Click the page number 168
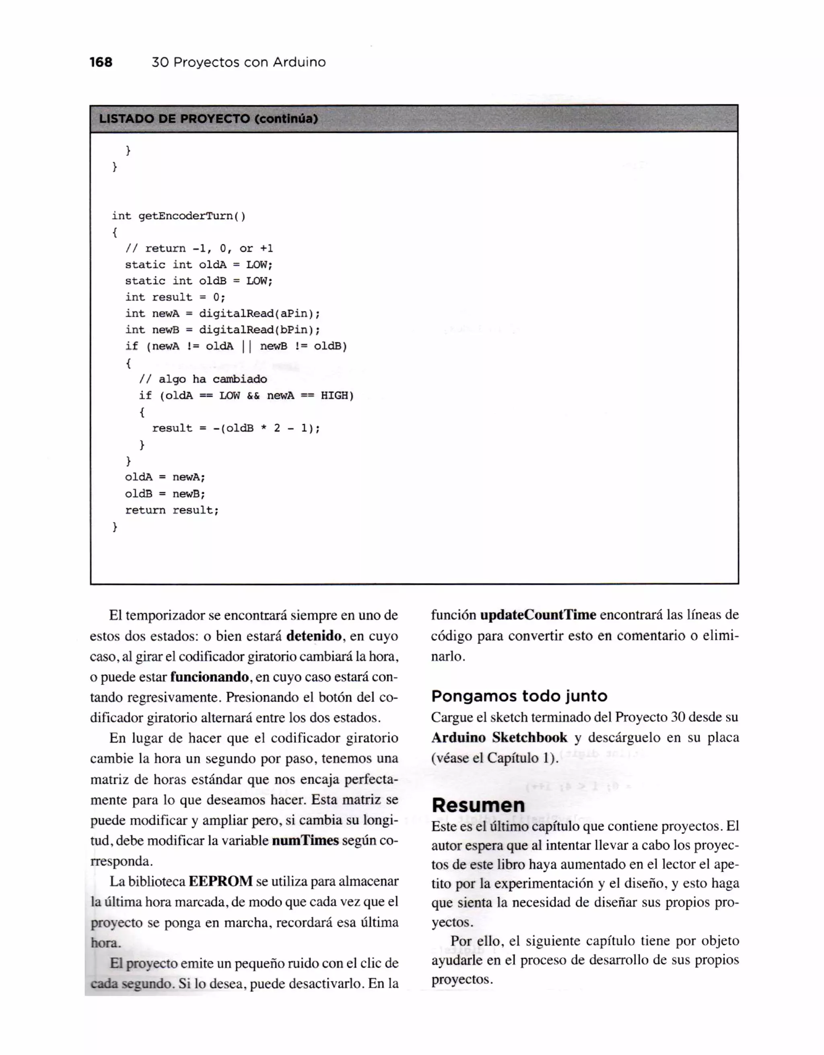(101, 62)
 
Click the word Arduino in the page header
(299, 62)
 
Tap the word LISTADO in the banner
(125, 119)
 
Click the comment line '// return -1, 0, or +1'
(199, 248)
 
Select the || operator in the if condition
(247, 346)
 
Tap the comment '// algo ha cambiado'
(203, 379)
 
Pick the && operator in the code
(253, 396)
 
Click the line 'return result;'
(172, 510)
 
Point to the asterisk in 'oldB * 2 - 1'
(264, 428)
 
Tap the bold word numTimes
(305, 840)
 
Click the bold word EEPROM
(220, 881)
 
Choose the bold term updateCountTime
(538, 615)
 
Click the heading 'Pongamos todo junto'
(519, 696)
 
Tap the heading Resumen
(478, 805)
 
